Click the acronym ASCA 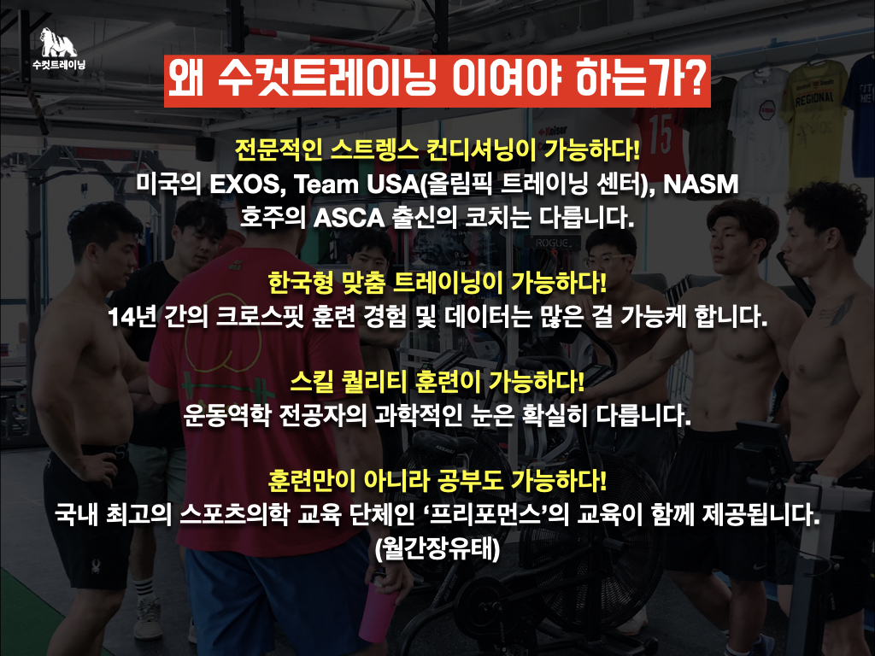pos(349,218)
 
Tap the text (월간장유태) pos(437,548)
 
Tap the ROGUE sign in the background pos(553,243)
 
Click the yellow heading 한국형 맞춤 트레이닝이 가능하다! pos(437,283)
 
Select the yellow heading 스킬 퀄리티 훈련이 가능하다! pos(437,382)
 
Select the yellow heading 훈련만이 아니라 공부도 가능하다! pos(437,480)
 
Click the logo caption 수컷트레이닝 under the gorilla pos(59,65)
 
